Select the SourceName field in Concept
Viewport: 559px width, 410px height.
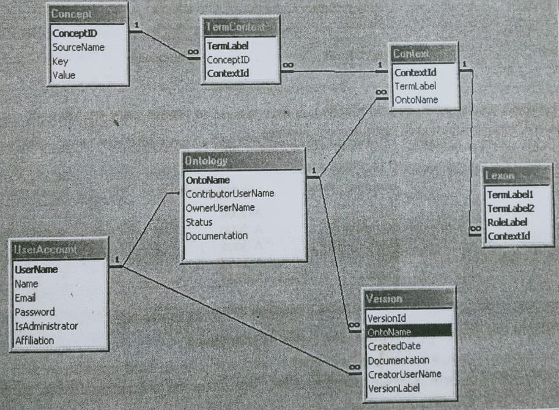(x=78, y=47)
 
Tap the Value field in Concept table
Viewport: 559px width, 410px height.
(x=64, y=75)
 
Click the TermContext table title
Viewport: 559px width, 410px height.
(x=240, y=28)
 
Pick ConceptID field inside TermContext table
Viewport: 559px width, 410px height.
(x=227, y=60)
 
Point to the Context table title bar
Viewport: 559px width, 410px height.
(x=423, y=54)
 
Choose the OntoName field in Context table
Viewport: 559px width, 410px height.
(x=416, y=100)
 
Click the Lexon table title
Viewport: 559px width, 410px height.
(x=517, y=174)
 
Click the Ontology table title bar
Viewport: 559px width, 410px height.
(x=243, y=161)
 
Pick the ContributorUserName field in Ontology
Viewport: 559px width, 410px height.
(x=229, y=193)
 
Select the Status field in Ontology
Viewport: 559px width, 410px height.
(x=199, y=222)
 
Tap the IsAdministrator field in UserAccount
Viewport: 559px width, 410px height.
(x=46, y=326)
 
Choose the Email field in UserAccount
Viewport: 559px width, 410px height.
(x=26, y=297)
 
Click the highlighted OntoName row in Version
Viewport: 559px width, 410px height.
(x=408, y=331)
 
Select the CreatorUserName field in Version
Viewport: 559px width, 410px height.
(x=404, y=374)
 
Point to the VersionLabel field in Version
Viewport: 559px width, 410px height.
(x=394, y=388)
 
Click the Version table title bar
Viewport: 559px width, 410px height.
(x=408, y=299)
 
